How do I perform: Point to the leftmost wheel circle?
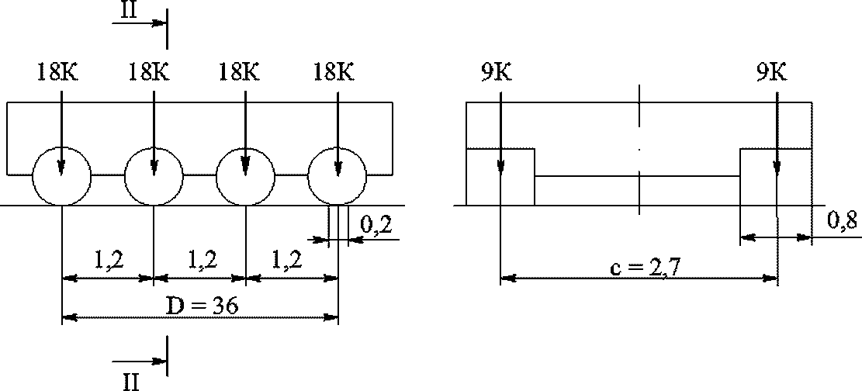point(61,176)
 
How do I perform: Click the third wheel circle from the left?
point(245,176)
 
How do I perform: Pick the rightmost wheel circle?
point(338,176)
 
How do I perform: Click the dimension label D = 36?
point(202,305)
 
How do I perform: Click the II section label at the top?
point(130,9)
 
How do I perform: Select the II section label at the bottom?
point(131,381)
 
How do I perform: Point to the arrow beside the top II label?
point(139,23)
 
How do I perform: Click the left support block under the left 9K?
point(500,177)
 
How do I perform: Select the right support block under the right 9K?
point(776,177)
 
